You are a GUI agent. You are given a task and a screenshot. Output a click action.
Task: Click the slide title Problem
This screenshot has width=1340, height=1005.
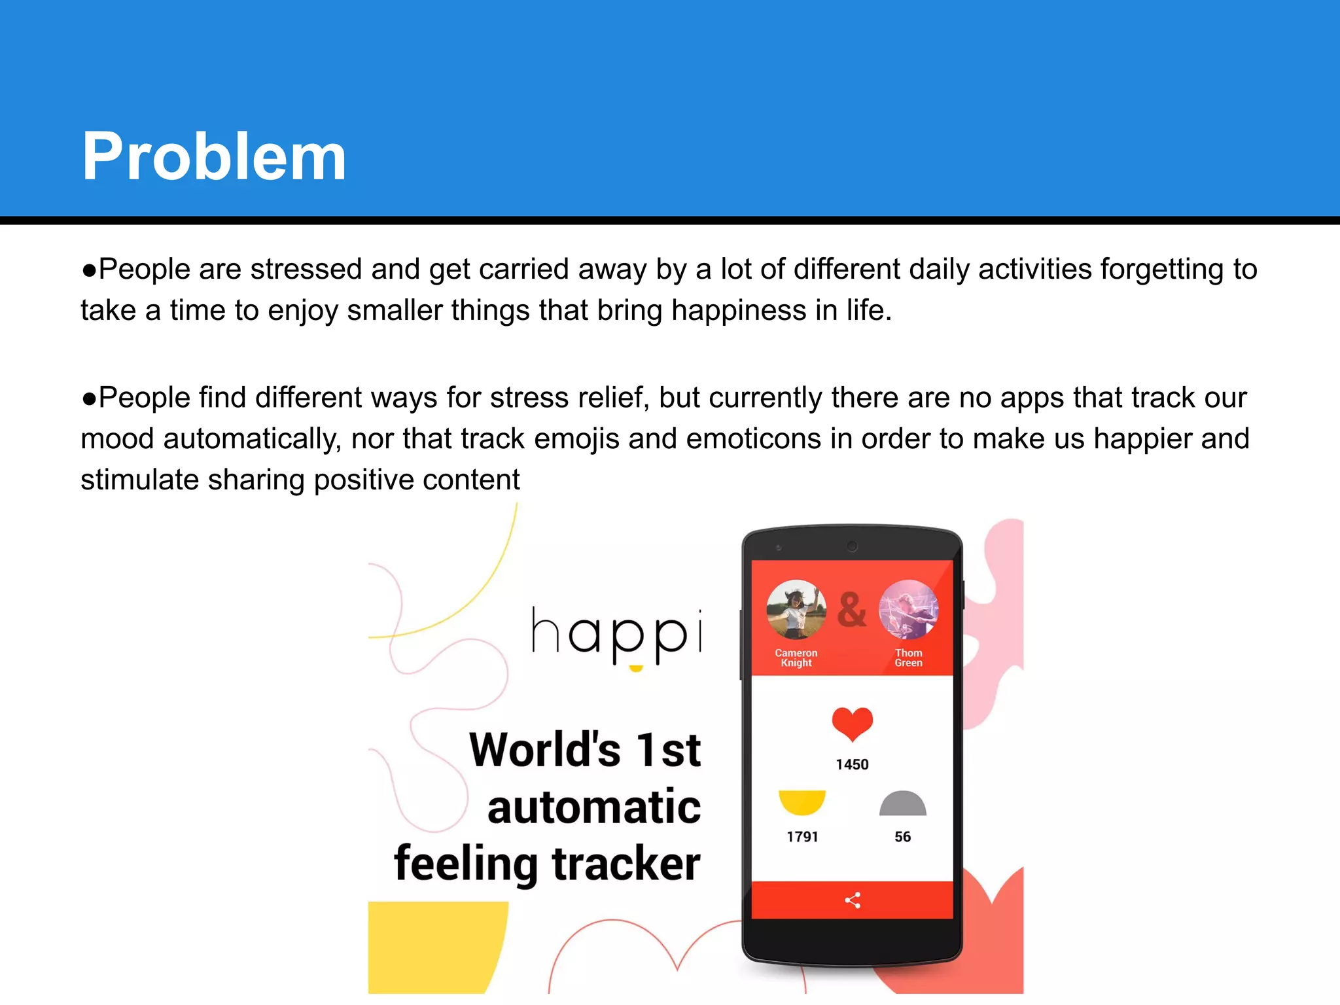tap(213, 157)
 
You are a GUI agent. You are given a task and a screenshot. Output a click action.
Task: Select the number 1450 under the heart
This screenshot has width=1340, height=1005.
tap(852, 764)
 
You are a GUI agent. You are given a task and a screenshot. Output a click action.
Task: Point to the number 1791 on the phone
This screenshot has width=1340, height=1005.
tap(802, 837)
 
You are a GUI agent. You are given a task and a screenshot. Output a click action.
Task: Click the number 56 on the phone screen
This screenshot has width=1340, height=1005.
tap(902, 837)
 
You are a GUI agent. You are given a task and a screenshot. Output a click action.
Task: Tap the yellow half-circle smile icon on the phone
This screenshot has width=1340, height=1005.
tap(802, 802)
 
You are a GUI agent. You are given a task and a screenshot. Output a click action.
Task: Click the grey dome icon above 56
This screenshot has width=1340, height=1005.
tap(902, 804)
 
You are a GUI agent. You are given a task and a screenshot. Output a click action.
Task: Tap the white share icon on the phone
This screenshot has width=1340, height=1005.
tap(852, 900)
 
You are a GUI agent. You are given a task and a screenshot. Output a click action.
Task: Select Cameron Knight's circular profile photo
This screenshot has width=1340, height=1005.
tap(796, 610)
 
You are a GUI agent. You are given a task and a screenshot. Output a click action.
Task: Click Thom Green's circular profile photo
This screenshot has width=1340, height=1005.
tap(908, 610)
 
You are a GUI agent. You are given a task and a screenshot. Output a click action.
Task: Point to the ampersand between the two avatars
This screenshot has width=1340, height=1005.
tap(851, 610)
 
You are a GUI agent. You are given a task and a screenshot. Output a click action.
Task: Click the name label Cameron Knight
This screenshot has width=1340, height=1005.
tap(796, 658)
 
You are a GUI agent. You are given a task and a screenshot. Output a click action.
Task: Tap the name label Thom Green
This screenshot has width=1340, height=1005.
tap(908, 658)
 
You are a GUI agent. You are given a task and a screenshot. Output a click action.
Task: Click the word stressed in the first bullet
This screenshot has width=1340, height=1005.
tap(306, 270)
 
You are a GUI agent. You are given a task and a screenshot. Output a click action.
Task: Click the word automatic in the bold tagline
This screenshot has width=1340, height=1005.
tap(594, 807)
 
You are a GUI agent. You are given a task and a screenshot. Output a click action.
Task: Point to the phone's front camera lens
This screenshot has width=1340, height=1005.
tap(852, 546)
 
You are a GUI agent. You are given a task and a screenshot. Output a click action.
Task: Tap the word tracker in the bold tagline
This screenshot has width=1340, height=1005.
tap(626, 864)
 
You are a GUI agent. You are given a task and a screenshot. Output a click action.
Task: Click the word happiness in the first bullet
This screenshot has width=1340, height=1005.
tap(739, 311)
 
